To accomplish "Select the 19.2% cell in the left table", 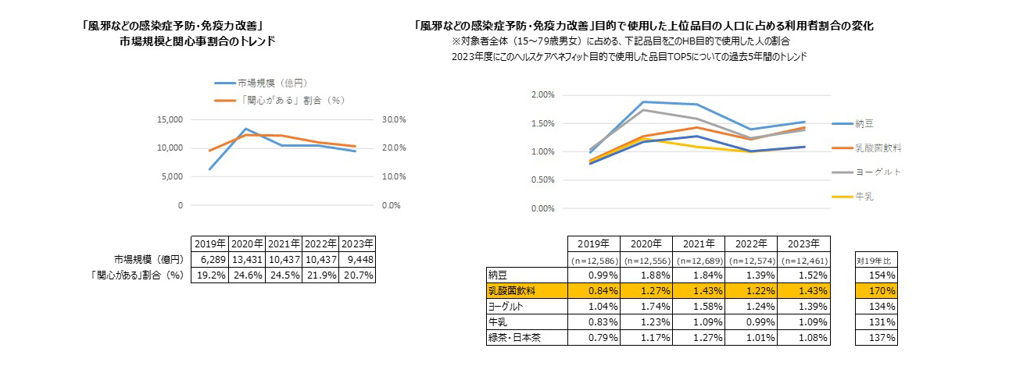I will coord(209,275).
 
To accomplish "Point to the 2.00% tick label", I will coord(542,94).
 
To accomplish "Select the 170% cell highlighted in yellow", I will coord(876,290).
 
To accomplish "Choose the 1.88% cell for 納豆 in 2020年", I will coord(645,275).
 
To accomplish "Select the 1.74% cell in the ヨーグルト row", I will coord(645,306).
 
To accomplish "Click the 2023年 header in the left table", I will coord(357,243).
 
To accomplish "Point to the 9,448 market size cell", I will coord(357,259).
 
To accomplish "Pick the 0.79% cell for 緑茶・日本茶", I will coord(593,338).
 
